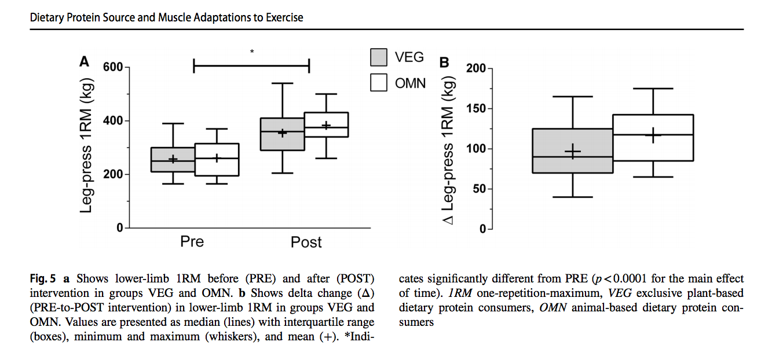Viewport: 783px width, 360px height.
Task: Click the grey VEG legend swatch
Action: pyautogui.click(x=379, y=57)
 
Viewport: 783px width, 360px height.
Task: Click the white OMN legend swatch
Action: pyautogui.click(x=379, y=82)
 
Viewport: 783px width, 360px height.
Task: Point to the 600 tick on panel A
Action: pyautogui.click(x=114, y=67)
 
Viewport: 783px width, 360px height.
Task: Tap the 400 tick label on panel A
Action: pyautogui.click(x=114, y=121)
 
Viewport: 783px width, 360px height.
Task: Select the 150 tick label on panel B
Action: pyautogui.click(x=475, y=109)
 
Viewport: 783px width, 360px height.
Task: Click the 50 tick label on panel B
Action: pyautogui.click(x=478, y=189)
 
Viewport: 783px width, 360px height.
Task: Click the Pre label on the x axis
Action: pyautogui.click(x=192, y=241)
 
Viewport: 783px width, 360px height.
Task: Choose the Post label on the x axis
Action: pyautogui.click(x=306, y=241)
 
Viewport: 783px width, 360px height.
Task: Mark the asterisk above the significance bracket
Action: pyautogui.click(x=252, y=53)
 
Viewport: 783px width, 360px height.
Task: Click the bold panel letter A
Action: pyautogui.click(x=85, y=61)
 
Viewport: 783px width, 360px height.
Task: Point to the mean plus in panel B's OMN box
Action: pyautogui.click(x=653, y=135)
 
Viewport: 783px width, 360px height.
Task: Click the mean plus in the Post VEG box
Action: pyautogui.click(x=283, y=133)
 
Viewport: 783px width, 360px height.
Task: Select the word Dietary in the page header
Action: pyautogui.click(x=49, y=17)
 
